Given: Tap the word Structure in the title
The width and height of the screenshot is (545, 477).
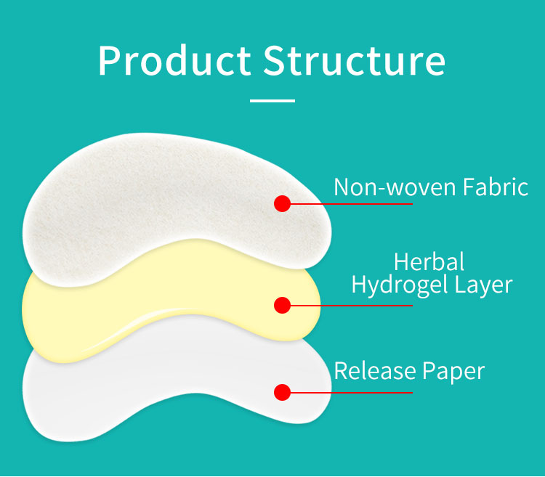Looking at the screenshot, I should pyautogui.click(x=355, y=61).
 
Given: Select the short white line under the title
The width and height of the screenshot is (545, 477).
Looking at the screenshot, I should pyautogui.click(x=272, y=101).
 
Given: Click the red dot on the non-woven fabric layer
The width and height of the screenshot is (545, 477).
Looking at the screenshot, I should pyautogui.click(x=283, y=203).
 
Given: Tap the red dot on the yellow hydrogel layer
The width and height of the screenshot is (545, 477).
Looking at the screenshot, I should pyautogui.click(x=283, y=305).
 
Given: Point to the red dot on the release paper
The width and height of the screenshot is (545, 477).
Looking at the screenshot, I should pyautogui.click(x=283, y=393).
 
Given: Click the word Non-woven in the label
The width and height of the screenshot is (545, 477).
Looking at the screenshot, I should pyautogui.click(x=385, y=187).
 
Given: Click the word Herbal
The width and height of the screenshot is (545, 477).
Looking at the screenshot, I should pyautogui.click(x=429, y=261).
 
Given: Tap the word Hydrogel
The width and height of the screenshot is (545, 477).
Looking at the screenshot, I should pyautogui.click(x=400, y=285).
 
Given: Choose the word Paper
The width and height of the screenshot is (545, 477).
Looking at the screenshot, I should pyautogui.click(x=453, y=372).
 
